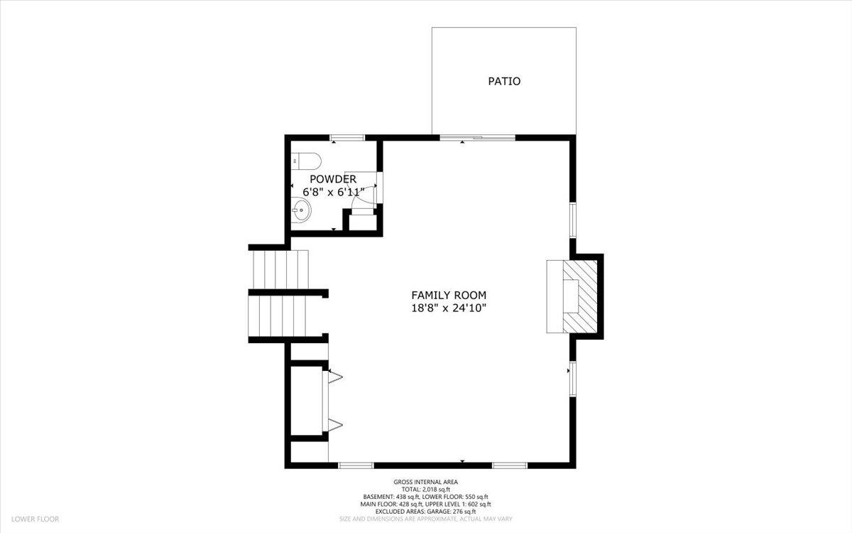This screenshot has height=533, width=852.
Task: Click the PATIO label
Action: click(x=504, y=81)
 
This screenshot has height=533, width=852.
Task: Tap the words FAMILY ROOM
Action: click(x=449, y=295)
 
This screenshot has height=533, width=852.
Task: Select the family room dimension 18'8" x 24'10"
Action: click(x=449, y=308)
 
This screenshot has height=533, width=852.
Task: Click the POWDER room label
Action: click(x=333, y=179)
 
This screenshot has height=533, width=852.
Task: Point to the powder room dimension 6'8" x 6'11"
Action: click(x=334, y=192)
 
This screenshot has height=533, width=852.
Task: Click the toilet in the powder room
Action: click(x=307, y=161)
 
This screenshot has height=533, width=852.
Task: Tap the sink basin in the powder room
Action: click(x=302, y=210)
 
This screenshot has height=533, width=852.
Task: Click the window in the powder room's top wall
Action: click(x=347, y=137)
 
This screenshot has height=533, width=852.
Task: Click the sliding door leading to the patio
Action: click(x=477, y=137)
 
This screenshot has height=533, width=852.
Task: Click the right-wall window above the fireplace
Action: click(x=572, y=220)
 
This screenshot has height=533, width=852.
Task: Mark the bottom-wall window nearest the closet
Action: click(x=356, y=465)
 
